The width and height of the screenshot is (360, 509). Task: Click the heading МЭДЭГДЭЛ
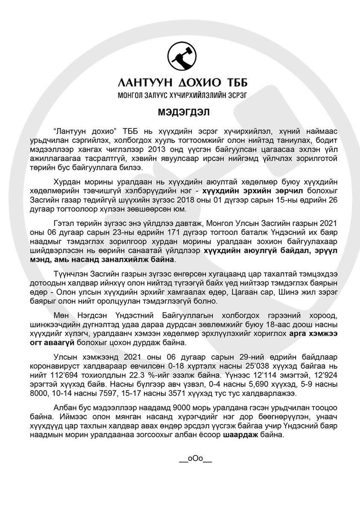183,112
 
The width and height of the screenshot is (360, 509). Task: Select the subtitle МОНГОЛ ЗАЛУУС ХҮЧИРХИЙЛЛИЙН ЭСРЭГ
183,94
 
